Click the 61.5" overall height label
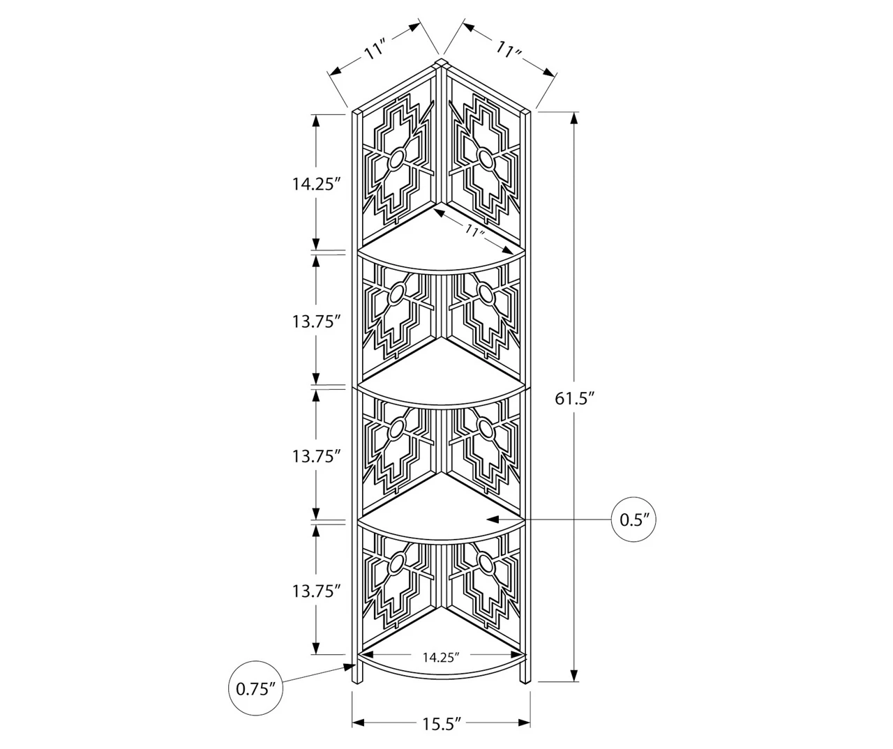576,398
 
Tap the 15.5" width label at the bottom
442,723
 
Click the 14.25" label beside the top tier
316,184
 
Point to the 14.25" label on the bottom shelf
441,657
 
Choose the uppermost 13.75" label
316,321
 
